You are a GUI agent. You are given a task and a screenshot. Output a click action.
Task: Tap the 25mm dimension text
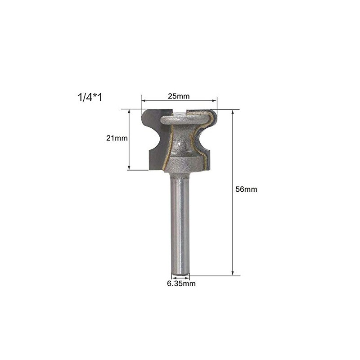179,96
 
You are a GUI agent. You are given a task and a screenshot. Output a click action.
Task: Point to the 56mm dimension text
246,189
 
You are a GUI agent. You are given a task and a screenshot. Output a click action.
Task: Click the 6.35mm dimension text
181,284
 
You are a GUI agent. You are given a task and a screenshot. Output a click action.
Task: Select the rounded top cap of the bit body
184,121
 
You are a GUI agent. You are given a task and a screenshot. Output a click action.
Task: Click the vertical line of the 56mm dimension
233,225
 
